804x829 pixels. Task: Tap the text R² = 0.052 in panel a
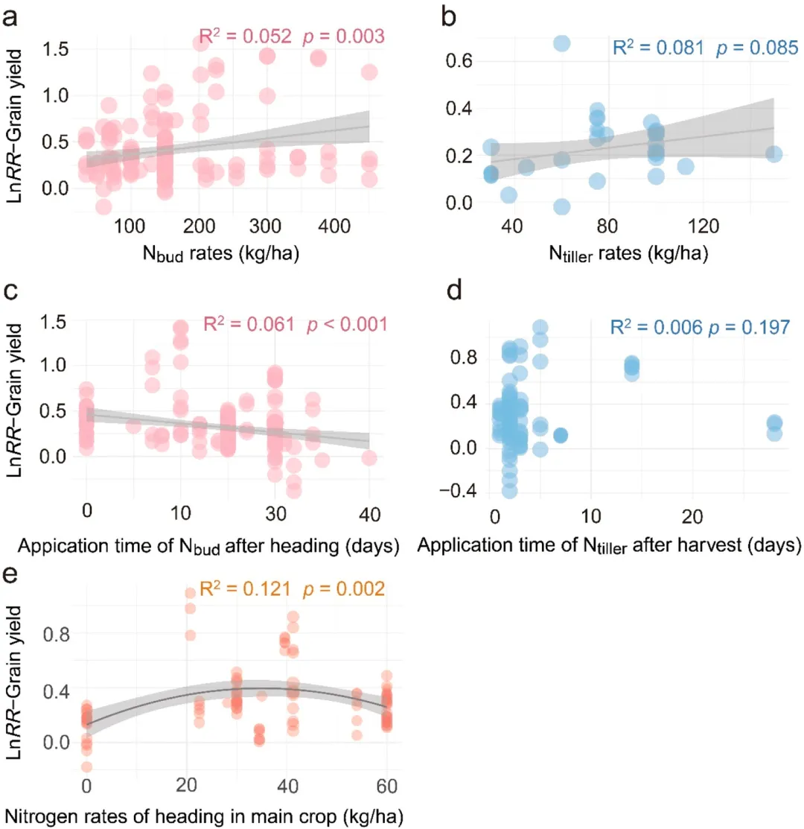pos(245,35)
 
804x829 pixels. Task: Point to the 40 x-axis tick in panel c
pos(369,514)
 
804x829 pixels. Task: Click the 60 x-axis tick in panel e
pos(387,786)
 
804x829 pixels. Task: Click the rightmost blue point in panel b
pos(773,153)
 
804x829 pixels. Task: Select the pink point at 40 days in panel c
pos(369,458)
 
